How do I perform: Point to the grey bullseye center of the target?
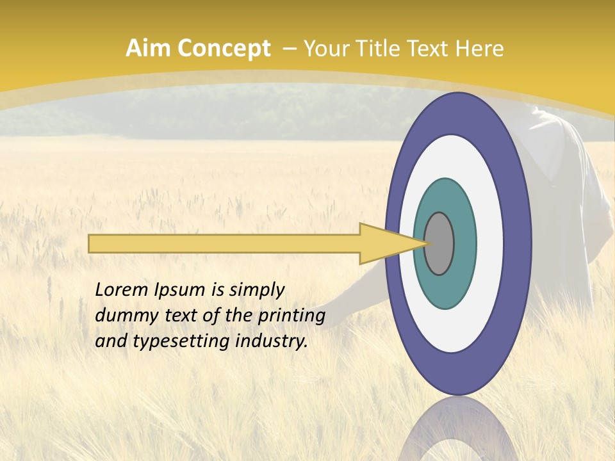pos(439,244)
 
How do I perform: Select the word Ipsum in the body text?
pos(180,291)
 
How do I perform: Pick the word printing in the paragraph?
pos(291,316)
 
